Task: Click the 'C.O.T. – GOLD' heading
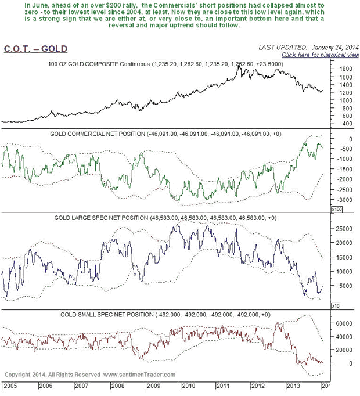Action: pyautogui.click(x=35, y=49)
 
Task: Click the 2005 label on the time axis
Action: pyautogui.click(x=9, y=385)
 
